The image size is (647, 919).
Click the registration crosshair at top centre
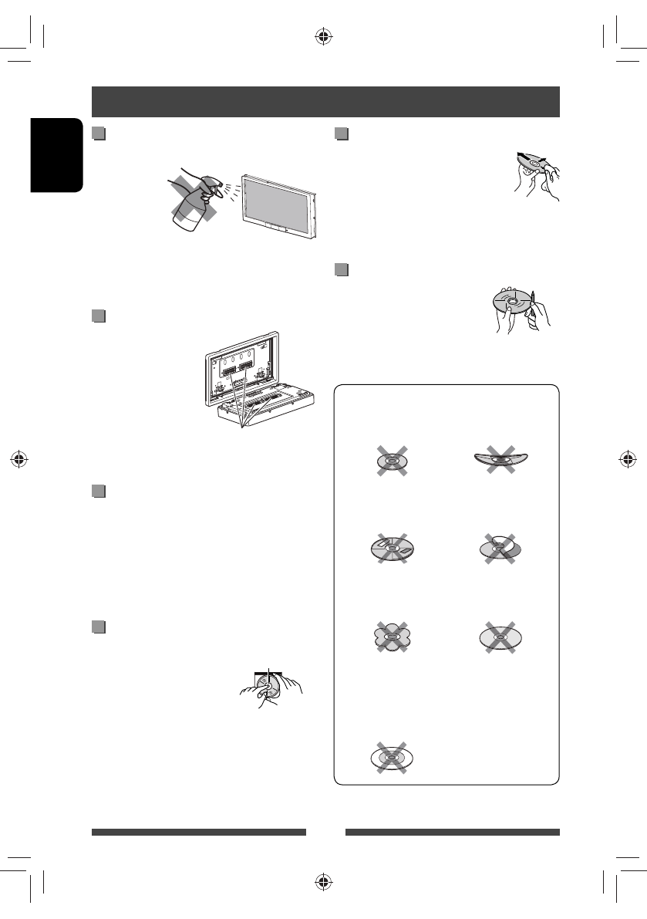click(x=323, y=36)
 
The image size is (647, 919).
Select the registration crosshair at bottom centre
click(x=323, y=881)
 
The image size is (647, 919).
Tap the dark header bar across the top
click(x=325, y=101)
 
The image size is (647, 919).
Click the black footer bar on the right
click(x=452, y=833)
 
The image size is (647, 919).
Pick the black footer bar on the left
click(x=198, y=833)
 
